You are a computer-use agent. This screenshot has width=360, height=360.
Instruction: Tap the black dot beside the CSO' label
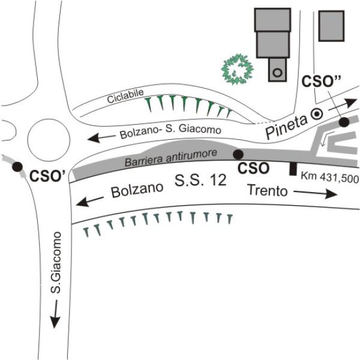(18, 167)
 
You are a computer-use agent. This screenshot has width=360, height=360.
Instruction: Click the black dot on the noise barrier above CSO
(238, 154)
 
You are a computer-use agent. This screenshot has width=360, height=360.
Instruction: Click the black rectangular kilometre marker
(293, 169)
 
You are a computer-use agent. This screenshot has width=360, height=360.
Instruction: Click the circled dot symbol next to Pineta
(319, 112)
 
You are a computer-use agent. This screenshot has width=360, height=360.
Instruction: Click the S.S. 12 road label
(202, 180)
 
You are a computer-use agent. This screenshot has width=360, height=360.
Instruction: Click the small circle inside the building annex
(277, 73)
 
